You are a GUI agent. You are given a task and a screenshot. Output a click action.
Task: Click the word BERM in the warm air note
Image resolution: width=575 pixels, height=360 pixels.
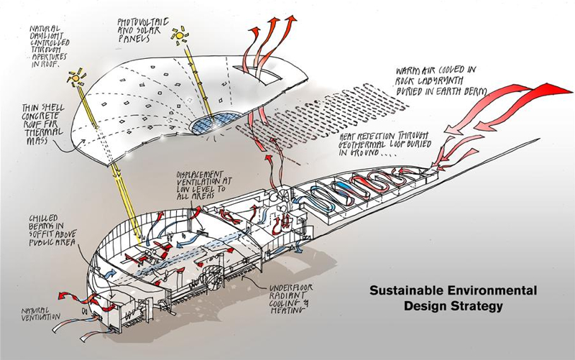coord(474,93)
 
